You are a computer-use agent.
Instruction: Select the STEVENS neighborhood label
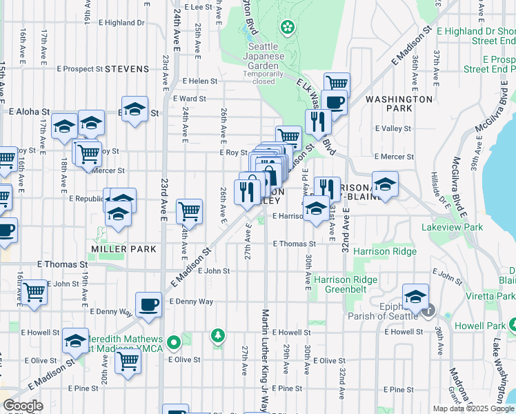coord(127,69)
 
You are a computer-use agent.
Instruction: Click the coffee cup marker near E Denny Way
coord(148,304)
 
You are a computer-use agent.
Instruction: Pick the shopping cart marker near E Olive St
coord(128,360)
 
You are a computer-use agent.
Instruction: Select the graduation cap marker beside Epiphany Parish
coord(415,297)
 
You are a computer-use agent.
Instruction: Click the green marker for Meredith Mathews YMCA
coord(174,341)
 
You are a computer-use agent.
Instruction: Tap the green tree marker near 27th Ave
coord(219,336)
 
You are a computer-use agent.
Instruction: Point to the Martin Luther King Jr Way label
coord(265,359)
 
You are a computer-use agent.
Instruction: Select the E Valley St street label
coord(393,128)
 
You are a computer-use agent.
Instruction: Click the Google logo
coord(23,406)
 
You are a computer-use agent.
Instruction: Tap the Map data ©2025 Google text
coord(473,408)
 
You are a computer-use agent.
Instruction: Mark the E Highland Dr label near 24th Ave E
coord(121,23)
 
